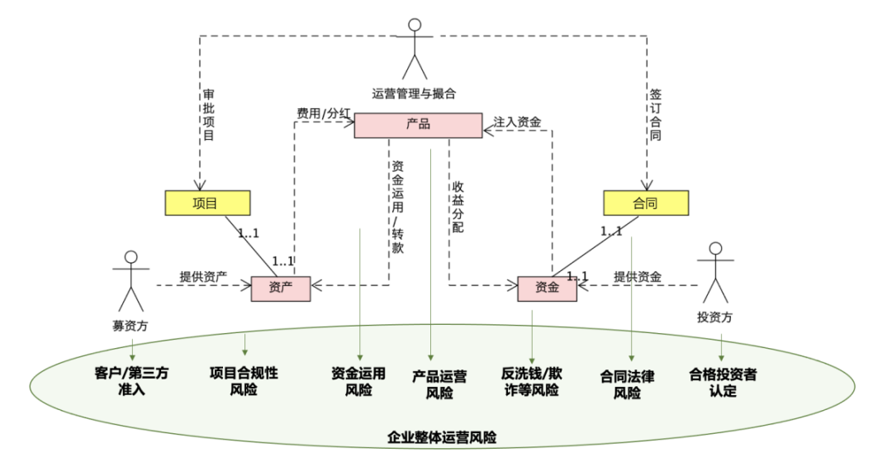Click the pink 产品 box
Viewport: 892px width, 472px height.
pos(418,125)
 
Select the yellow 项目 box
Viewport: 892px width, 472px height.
pos(206,203)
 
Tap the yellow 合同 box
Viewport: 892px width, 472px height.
pos(645,203)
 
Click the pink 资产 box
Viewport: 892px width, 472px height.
pos(281,288)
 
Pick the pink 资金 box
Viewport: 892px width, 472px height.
pos(547,288)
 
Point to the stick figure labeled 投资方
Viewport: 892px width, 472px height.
pos(715,273)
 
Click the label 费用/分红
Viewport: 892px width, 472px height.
pos(324,112)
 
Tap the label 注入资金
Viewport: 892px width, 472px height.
pos(517,122)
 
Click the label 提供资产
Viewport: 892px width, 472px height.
pos(203,276)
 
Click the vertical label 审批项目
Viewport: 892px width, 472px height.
pos(208,116)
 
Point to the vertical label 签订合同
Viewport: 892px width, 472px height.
pos(654,116)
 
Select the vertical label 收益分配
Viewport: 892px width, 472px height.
pos(458,207)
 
